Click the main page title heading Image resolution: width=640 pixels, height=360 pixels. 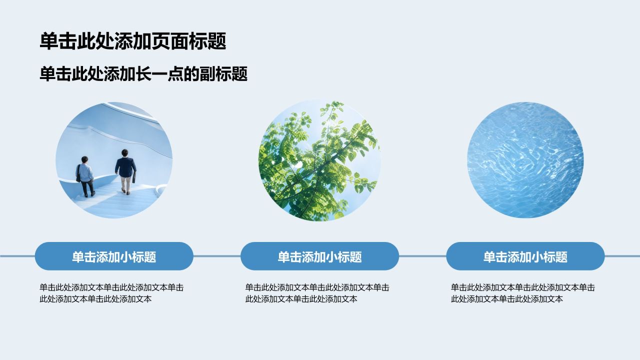133,41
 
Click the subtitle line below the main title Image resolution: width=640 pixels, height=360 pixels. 143,74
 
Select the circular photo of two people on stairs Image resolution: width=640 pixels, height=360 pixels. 114,160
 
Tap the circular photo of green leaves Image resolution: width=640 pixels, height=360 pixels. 319,160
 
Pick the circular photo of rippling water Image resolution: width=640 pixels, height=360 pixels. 525,160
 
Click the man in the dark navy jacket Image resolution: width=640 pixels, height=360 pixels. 125,171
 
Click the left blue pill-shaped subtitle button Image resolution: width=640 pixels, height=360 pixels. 114,256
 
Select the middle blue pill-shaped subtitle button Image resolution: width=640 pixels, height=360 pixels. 319,256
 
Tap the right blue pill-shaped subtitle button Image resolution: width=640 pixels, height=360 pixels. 525,256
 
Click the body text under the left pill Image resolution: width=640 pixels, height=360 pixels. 111,293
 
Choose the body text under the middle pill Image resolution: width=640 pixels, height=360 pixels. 317,293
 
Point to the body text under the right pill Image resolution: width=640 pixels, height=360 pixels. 523,293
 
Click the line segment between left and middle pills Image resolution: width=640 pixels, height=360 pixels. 217,256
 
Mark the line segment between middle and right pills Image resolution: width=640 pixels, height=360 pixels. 422,256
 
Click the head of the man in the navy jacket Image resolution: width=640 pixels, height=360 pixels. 125,153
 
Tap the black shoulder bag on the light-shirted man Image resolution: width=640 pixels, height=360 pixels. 78,173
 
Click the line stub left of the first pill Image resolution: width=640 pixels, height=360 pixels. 17,256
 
